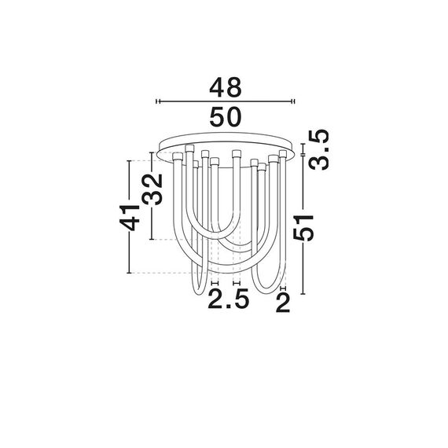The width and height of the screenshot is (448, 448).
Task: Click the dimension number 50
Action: [x=225, y=119]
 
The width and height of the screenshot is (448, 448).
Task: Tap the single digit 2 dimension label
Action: [x=284, y=301]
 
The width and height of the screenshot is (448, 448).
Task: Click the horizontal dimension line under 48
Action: [x=225, y=101]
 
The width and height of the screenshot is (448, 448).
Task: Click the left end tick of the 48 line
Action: [x=157, y=101]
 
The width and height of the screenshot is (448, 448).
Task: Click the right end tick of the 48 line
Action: [x=293, y=101]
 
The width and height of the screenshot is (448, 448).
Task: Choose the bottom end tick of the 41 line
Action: [x=127, y=274]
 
